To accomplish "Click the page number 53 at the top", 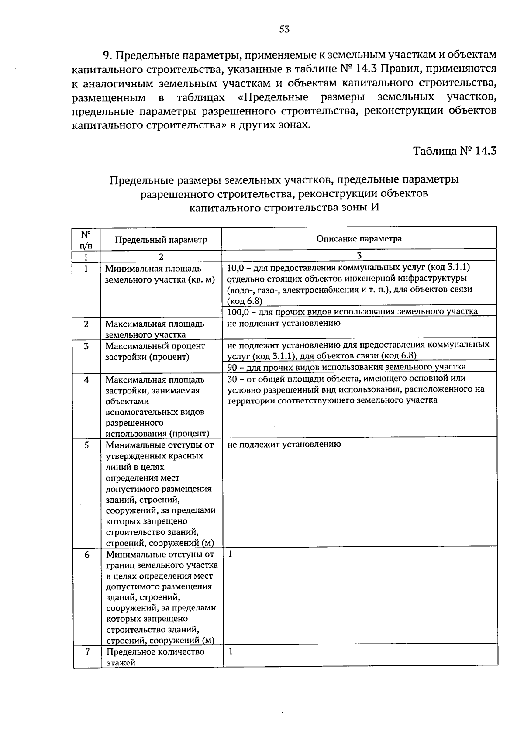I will coord(284,29).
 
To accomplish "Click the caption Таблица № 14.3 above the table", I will coord(455,151).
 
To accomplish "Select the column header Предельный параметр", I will coord(161,240).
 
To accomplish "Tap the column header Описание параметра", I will coord(359,238).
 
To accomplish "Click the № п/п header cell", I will coord(86,239).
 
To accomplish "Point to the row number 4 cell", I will coord(86,380).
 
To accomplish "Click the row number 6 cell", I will coord(87,555).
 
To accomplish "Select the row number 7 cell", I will coord(87,652).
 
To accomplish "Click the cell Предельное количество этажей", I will coord(155,657).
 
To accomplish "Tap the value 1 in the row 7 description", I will coord(231,651).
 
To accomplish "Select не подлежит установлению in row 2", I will coord(284,324).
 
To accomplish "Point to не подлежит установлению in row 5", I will coord(284,445).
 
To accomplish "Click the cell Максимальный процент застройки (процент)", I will coord(155,351).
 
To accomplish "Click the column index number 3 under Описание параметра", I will coord(359,256).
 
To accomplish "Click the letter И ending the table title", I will coord(374,207).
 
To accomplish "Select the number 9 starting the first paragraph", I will coord(105,55).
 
